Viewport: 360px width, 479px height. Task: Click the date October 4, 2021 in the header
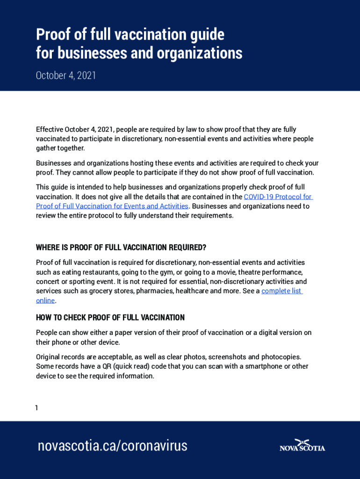coord(66,75)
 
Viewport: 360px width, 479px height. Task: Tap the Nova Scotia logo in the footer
coord(302,445)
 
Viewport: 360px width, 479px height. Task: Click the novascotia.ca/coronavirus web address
coord(112,446)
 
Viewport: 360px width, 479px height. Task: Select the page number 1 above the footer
coord(36,408)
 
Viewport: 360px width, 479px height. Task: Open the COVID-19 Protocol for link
coord(278,197)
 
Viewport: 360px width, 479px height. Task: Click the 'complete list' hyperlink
coord(281,291)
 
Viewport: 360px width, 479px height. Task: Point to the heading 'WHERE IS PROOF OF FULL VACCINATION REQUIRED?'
coord(121,247)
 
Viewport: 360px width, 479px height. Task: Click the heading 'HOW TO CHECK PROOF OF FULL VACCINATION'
coord(110,318)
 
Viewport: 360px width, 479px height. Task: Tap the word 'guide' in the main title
coord(204,35)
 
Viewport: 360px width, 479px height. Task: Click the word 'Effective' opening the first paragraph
coord(50,130)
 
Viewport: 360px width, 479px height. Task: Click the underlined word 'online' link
coord(45,300)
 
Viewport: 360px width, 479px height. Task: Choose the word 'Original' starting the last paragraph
coord(48,357)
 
